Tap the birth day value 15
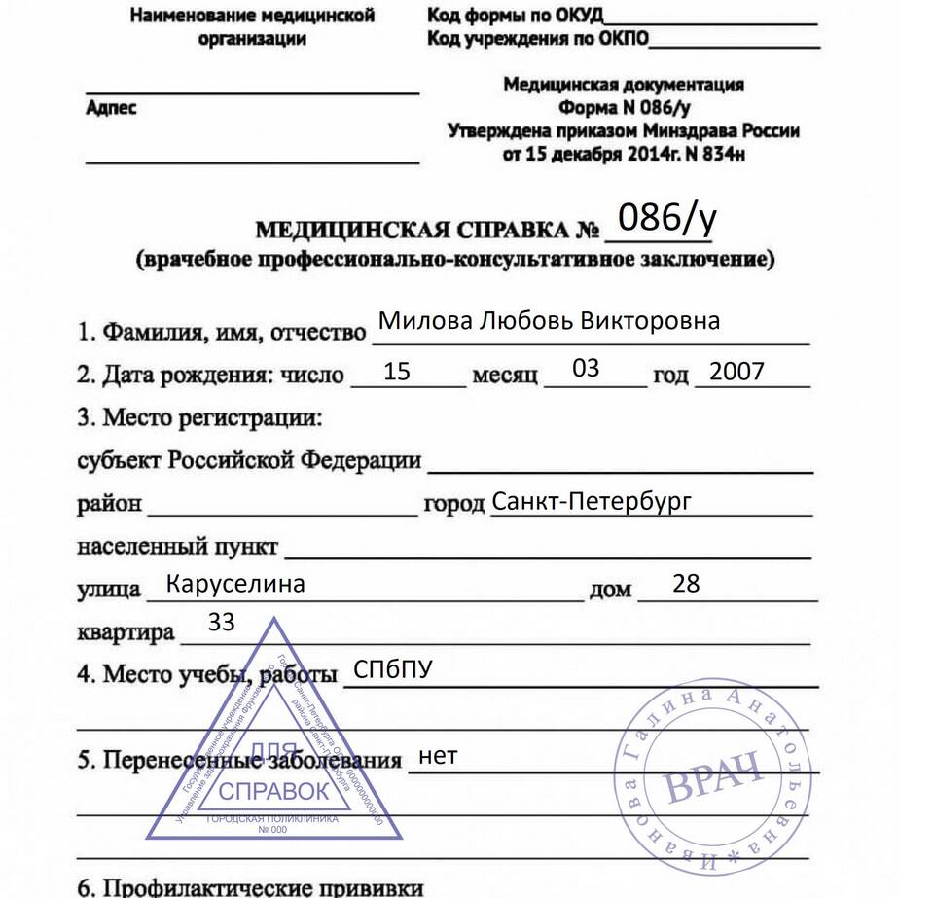[x=397, y=371]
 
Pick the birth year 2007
[x=736, y=371]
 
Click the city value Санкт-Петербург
[x=592, y=502]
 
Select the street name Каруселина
[x=235, y=584]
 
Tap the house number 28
[x=686, y=583]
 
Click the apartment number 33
[x=222, y=623]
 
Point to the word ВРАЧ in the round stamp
[x=712, y=773]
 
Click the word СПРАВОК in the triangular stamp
[x=274, y=791]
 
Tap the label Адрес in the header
[x=112, y=108]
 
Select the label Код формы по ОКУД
[x=515, y=16]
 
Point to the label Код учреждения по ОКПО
[x=537, y=39]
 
